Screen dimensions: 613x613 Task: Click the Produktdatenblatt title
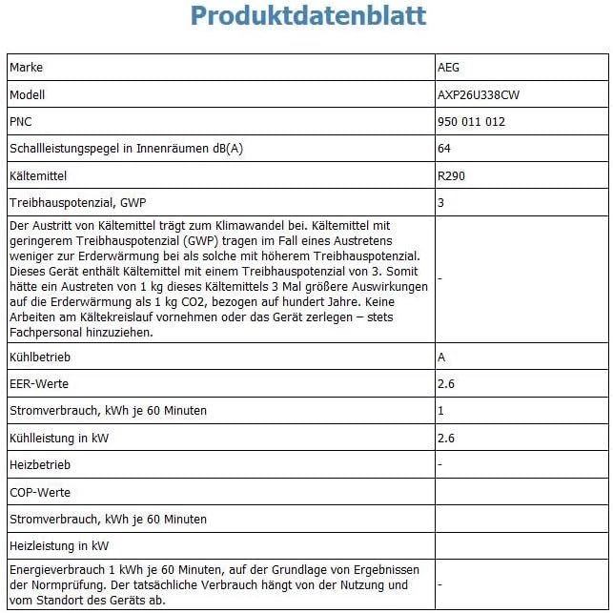click(307, 16)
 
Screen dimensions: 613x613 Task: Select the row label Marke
click(27, 68)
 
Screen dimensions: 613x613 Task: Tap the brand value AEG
click(448, 68)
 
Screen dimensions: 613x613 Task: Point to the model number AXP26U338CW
click(479, 94)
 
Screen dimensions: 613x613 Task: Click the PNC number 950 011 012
click(471, 121)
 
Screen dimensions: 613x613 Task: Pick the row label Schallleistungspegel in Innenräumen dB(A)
click(126, 149)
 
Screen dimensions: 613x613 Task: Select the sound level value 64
click(444, 149)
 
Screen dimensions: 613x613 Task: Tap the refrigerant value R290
click(451, 175)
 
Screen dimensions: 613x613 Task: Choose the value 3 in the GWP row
click(440, 203)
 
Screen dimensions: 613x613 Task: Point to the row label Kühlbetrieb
click(39, 357)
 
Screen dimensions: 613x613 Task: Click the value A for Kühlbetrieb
click(441, 357)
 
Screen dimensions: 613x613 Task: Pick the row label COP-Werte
click(40, 492)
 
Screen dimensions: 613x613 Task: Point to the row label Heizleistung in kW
click(59, 546)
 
